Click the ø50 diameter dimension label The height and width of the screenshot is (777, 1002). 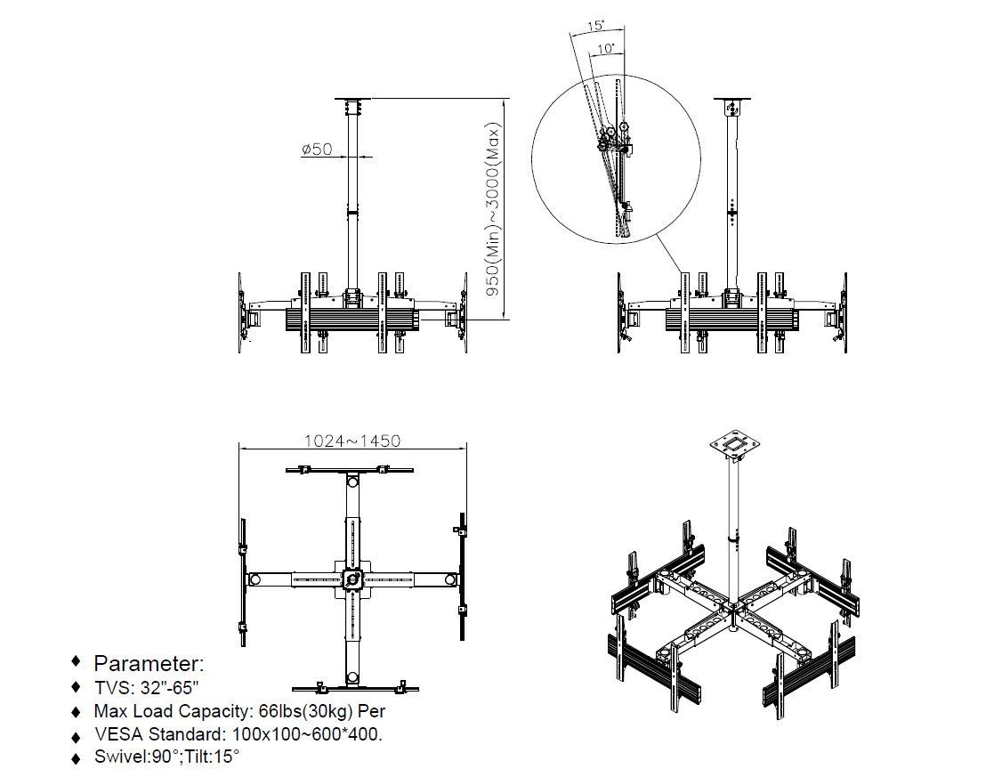(x=317, y=149)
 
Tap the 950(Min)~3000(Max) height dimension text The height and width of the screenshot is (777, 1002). (x=493, y=209)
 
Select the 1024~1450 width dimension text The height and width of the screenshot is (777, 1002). (x=352, y=441)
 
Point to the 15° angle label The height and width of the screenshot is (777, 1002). (x=595, y=26)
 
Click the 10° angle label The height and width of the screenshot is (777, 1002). (x=606, y=49)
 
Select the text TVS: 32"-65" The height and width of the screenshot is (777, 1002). (x=146, y=687)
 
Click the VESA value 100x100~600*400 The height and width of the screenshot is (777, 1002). (x=307, y=734)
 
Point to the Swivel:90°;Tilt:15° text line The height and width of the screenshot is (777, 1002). (x=166, y=757)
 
